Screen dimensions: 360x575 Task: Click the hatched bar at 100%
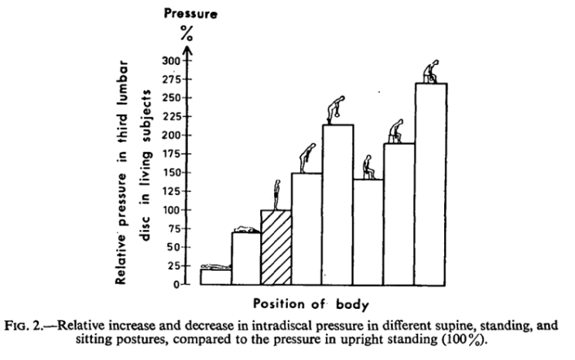point(276,247)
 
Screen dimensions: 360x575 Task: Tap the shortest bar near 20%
point(215,276)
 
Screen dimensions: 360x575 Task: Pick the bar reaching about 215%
point(337,204)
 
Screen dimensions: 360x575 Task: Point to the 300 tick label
point(170,60)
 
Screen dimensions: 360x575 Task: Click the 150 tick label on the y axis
point(170,173)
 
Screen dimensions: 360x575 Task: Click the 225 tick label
point(170,116)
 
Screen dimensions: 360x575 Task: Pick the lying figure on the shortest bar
point(215,266)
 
